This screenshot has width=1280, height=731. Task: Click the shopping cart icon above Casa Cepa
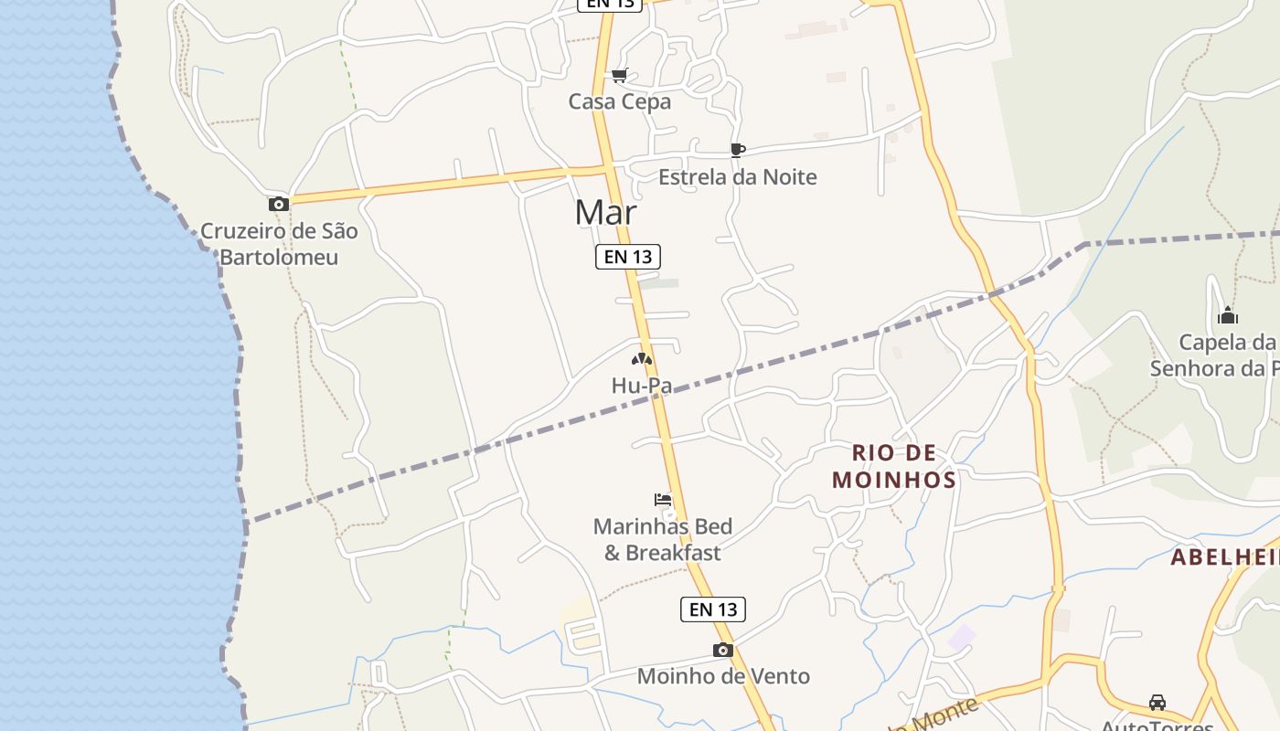coord(619,76)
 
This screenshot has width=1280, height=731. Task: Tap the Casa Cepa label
coord(619,101)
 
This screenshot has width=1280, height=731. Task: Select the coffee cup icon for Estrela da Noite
coord(738,150)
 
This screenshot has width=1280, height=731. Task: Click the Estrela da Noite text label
coord(737,176)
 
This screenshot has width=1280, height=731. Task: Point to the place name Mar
coord(605,212)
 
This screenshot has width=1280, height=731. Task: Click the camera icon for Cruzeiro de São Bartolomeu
coord(279,205)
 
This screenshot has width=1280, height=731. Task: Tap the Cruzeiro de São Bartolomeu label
coord(279,244)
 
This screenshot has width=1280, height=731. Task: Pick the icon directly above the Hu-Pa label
coord(642,359)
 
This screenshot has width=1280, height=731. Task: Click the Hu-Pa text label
coord(642,386)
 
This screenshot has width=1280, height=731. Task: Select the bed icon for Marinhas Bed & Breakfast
coord(663,500)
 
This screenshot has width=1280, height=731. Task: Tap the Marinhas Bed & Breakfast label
coord(663,539)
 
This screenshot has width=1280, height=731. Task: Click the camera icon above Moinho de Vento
coord(723,651)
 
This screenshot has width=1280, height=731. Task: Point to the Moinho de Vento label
coord(723,676)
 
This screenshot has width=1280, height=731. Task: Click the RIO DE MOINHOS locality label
coord(894,466)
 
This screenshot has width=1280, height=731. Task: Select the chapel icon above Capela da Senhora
coord(1227,316)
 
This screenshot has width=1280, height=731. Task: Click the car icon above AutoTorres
coord(1157,703)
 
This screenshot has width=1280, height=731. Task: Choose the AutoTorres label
coord(1157,726)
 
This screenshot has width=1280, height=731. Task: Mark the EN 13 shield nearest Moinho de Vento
coord(713,609)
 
